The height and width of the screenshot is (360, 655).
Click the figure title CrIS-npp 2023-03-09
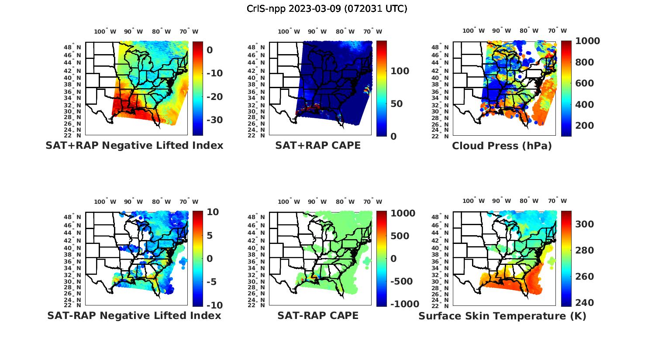(327, 8)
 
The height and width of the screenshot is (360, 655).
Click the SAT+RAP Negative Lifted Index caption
(134, 145)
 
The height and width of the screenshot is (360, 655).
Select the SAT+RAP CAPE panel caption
(318, 145)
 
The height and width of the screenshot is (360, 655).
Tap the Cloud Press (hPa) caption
(502, 146)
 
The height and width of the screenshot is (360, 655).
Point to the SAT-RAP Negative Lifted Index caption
(134, 315)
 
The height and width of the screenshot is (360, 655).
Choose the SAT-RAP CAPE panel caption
(318, 315)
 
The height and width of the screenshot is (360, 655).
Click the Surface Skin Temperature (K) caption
(502, 316)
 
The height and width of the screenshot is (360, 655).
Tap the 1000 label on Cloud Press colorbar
(587, 41)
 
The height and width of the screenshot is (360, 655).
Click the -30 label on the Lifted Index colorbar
(214, 120)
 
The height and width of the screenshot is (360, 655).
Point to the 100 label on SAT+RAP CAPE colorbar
(400, 71)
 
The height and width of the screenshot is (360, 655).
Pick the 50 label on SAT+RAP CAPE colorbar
(396, 104)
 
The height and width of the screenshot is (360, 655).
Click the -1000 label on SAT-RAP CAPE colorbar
(404, 304)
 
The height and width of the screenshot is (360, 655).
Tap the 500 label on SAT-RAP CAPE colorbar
(400, 236)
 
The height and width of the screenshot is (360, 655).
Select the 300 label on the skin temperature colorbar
(584, 224)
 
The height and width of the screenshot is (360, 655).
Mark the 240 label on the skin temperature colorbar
(584, 303)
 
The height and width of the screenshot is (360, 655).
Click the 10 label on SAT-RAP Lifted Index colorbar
(213, 212)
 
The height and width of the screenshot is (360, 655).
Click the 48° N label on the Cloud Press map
(444, 47)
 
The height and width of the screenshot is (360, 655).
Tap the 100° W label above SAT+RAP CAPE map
(289, 31)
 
